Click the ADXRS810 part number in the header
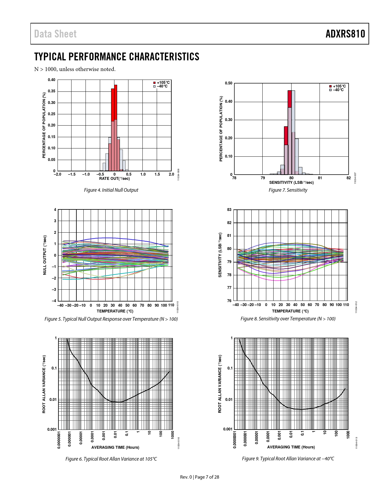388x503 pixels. coord(345,34)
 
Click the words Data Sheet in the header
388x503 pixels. coord(55,34)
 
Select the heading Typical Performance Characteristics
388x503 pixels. coord(117,57)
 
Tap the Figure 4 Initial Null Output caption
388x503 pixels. coord(111,190)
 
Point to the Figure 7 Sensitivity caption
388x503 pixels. coord(288,190)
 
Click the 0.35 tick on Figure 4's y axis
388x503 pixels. coord(51,91)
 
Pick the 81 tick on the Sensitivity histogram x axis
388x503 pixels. coord(320,178)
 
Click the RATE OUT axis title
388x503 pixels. coord(114,179)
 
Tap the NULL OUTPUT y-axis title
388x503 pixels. coord(45,255)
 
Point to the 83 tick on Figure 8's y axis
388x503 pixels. coord(229,210)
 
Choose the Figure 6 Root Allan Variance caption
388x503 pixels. coord(111,459)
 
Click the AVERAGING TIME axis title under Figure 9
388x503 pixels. coord(291,447)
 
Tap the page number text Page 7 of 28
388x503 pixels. coord(207,477)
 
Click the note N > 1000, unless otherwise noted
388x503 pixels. coord(75,69)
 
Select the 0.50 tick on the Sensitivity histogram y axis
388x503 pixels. coord(229,83)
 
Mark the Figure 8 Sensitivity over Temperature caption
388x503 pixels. coord(288,319)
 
